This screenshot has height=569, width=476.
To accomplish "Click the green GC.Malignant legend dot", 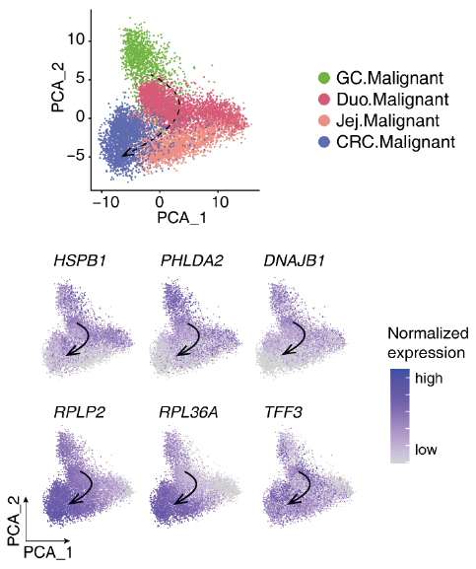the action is pyautogui.click(x=323, y=78).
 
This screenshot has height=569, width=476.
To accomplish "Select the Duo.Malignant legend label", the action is pyautogui.click(x=392, y=100).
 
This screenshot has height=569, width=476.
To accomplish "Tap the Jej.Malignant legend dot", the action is pyautogui.click(x=323, y=120).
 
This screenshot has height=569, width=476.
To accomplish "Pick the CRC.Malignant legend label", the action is pyautogui.click(x=395, y=142).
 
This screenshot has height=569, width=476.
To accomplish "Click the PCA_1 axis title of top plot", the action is pyautogui.click(x=181, y=218).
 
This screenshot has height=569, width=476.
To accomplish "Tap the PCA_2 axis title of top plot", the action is pyautogui.click(x=58, y=88).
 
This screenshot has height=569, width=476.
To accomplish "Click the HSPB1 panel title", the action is pyautogui.click(x=80, y=261).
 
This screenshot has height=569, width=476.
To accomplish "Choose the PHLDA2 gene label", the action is pyautogui.click(x=192, y=261).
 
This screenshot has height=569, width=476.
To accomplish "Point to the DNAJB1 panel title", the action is pyautogui.click(x=294, y=261).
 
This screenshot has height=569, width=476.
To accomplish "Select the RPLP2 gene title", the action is pyautogui.click(x=80, y=412).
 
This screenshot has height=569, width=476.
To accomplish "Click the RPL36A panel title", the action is pyautogui.click(x=189, y=412).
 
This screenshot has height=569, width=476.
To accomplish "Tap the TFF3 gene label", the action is pyautogui.click(x=284, y=412).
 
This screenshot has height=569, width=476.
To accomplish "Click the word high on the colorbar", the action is pyautogui.click(x=429, y=379).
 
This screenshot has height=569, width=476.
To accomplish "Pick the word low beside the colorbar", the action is pyautogui.click(x=426, y=450).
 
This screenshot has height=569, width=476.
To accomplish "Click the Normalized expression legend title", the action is pyautogui.click(x=428, y=343).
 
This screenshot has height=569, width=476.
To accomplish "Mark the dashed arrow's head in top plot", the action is pyautogui.click(x=125, y=154).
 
